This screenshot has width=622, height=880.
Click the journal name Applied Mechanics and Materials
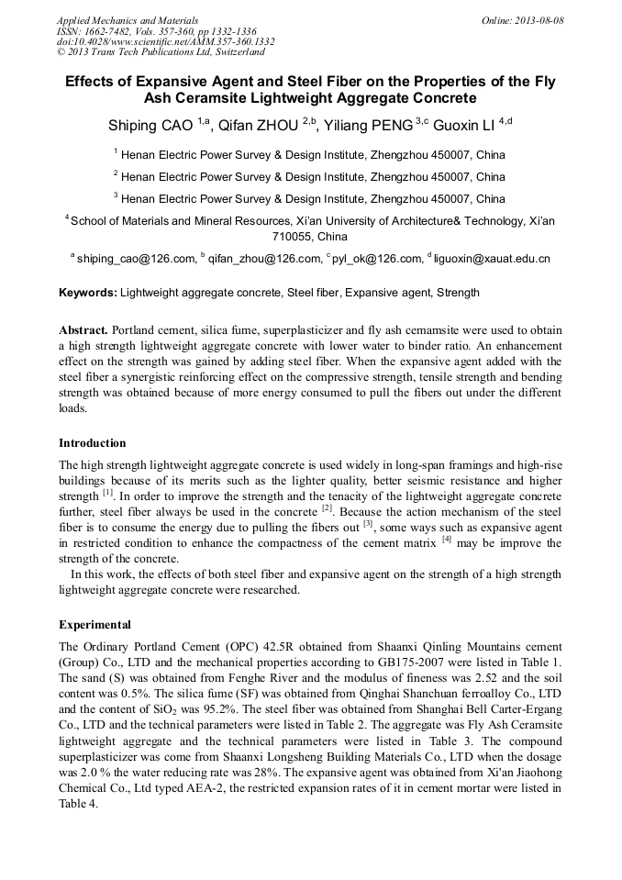(x=128, y=19)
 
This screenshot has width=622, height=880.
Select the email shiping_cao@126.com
(x=137, y=259)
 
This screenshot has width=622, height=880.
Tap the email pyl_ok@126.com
(x=377, y=259)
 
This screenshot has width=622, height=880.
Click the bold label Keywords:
(x=88, y=293)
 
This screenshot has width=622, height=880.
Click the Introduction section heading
(x=93, y=443)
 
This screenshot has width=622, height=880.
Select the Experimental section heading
(x=95, y=624)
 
